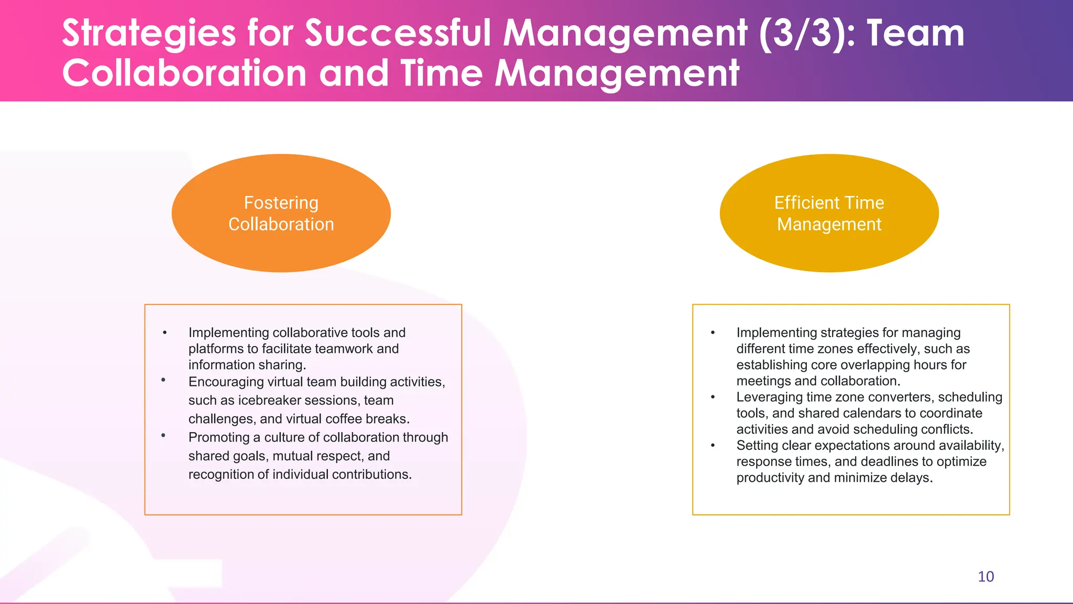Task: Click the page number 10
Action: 986,577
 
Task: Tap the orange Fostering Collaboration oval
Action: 281,213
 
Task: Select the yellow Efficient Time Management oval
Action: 829,213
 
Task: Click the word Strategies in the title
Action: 149,33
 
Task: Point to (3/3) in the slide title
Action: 806,33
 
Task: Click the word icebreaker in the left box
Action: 269,401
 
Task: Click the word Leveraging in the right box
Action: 769,397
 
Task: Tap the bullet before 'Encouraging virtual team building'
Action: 163,380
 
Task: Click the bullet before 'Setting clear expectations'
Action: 713,446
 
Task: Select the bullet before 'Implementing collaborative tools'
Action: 165,333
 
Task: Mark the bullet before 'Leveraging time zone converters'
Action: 713,397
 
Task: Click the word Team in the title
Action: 915,33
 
